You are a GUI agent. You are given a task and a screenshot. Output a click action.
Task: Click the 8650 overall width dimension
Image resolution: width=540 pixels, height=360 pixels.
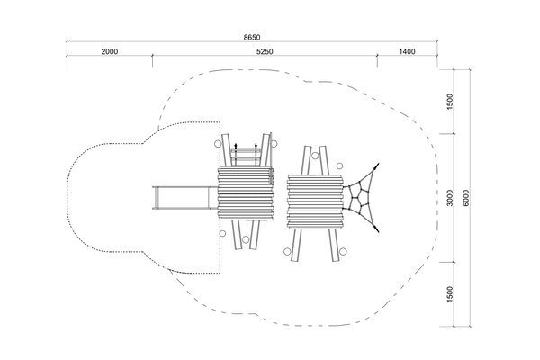(x=252, y=37)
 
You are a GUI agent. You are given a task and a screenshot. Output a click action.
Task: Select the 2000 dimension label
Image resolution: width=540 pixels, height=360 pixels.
(x=110, y=51)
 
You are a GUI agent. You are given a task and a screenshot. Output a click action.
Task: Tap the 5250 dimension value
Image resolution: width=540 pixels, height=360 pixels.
(x=265, y=51)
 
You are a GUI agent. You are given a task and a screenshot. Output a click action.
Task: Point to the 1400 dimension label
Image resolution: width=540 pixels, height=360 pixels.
(x=407, y=51)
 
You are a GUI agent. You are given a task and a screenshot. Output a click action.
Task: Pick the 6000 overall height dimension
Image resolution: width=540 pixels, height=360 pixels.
(x=466, y=198)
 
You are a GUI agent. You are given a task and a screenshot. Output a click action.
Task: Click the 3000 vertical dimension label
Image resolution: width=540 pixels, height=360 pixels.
(x=450, y=198)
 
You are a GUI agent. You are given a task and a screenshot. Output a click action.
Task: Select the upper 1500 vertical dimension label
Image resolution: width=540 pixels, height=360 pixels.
(x=450, y=102)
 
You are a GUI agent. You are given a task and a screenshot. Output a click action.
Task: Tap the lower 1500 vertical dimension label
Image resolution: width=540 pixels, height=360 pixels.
(x=450, y=294)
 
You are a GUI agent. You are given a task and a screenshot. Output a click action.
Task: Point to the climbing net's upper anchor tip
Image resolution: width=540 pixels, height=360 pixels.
(x=378, y=165)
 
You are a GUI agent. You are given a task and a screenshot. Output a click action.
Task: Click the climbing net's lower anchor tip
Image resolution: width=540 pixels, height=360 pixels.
(x=377, y=230)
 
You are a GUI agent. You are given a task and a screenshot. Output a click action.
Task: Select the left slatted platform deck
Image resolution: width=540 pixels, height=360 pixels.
(x=246, y=194)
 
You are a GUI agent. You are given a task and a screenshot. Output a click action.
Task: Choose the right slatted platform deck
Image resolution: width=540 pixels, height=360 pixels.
(x=316, y=202)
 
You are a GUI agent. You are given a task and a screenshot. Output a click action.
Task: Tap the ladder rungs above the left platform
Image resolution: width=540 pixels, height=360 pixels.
(x=246, y=157)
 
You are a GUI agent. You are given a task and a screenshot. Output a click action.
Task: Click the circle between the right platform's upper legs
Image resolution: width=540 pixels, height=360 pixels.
(x=315, y=156)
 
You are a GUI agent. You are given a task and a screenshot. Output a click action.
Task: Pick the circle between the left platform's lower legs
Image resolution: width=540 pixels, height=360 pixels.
(x=246, y=239)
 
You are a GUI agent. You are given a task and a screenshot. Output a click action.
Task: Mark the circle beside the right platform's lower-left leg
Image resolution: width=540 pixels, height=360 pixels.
(x=287, y=251)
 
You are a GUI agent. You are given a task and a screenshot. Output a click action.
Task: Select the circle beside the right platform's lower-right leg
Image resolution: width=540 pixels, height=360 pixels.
(x=343, y=251)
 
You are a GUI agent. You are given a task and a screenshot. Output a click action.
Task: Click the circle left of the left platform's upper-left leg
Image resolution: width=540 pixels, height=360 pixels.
(x=217, y=143)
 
